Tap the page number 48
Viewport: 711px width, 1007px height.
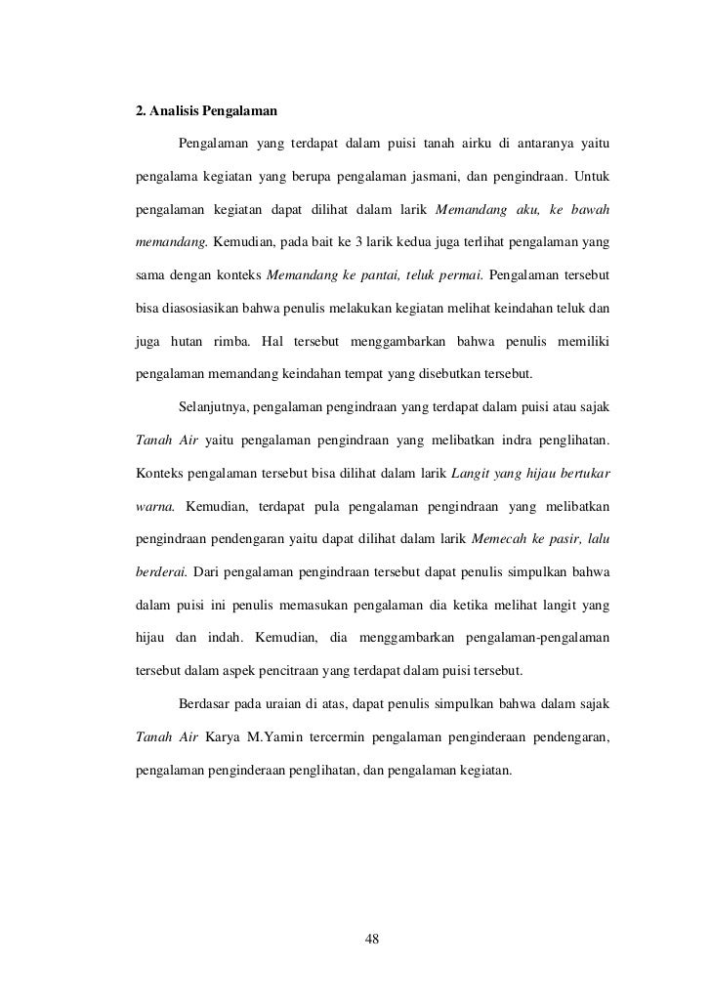[x=370, y=940]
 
